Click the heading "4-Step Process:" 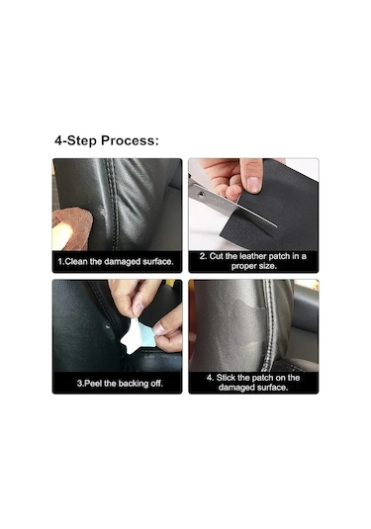coord(106,140)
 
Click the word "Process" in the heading coord(129,140)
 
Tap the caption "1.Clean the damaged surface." coord(116,261)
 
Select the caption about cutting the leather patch coord(253,261)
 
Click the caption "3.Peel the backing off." coord(120,384)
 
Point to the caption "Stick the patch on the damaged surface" coord(253,383)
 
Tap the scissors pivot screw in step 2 coord(202,194)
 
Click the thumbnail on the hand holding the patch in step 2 coord(253,184)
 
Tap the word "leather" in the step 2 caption coord(253,256)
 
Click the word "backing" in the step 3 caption coord(133,384)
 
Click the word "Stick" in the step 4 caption coord(226,378)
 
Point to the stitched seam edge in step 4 coord(269,324)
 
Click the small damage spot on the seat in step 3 coord(108,326)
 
